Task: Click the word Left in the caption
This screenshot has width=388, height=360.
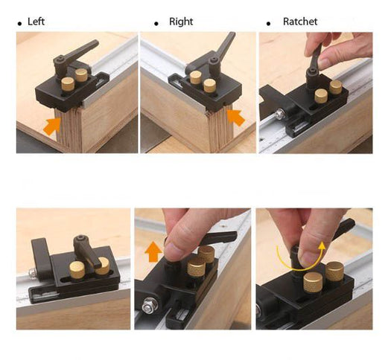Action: (36, 22)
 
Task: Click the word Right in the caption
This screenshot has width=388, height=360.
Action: (181, 22)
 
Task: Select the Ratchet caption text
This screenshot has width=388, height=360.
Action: (300, 22)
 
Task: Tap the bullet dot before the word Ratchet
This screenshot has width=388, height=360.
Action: (268, 25)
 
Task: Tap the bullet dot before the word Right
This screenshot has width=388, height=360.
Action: (156, 25)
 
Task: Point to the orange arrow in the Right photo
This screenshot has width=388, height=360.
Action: (235, 118)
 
